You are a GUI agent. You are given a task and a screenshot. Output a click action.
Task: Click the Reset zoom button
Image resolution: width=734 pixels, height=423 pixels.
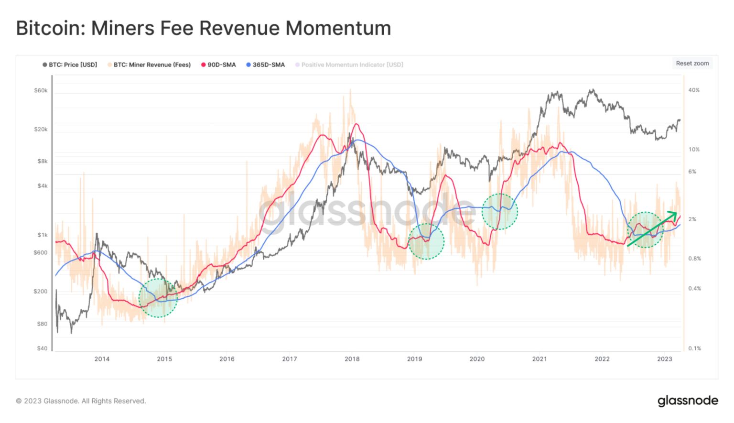click(692, 63)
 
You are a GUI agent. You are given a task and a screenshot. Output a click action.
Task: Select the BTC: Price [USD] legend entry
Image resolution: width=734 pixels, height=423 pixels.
click(70, 65)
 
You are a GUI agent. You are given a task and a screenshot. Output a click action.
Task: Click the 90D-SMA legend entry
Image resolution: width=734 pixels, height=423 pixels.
click(218, 65)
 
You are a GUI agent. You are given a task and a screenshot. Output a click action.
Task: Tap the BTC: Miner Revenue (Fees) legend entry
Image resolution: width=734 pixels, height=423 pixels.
click(149, 65)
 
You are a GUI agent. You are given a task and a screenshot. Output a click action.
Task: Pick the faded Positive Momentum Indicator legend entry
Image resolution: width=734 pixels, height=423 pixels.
click(349, 65)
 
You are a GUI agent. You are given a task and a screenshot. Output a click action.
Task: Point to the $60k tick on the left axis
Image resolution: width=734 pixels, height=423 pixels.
click(41, 90)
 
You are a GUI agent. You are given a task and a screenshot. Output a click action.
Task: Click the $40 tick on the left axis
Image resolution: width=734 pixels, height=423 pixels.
click(42, 348)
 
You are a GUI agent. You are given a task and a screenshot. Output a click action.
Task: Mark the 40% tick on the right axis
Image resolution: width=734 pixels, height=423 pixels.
click(694, 90)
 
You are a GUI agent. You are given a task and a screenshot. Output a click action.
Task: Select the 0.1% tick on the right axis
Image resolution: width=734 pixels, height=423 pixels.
click(695, 348)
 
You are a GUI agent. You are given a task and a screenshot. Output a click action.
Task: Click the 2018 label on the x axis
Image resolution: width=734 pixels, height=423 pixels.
click(352, 359)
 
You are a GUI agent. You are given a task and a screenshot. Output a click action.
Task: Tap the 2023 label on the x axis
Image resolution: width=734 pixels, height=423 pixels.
click(665, 359)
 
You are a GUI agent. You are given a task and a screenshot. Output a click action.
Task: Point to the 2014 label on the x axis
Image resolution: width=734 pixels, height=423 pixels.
click(102, 359)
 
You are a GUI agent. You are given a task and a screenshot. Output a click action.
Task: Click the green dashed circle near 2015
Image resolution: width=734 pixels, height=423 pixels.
click(158, 298)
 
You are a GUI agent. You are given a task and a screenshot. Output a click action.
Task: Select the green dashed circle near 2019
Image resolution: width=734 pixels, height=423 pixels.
click(426, 241)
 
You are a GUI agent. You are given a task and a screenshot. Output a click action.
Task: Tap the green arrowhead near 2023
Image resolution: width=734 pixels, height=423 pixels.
click(674, 214)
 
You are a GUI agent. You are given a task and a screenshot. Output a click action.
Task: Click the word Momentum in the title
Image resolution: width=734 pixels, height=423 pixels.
click(338, 28)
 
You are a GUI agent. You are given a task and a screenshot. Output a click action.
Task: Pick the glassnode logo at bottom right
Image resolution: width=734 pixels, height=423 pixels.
click(688, 401)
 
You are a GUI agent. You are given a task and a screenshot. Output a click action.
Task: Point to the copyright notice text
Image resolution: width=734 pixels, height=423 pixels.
click(81, 401)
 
